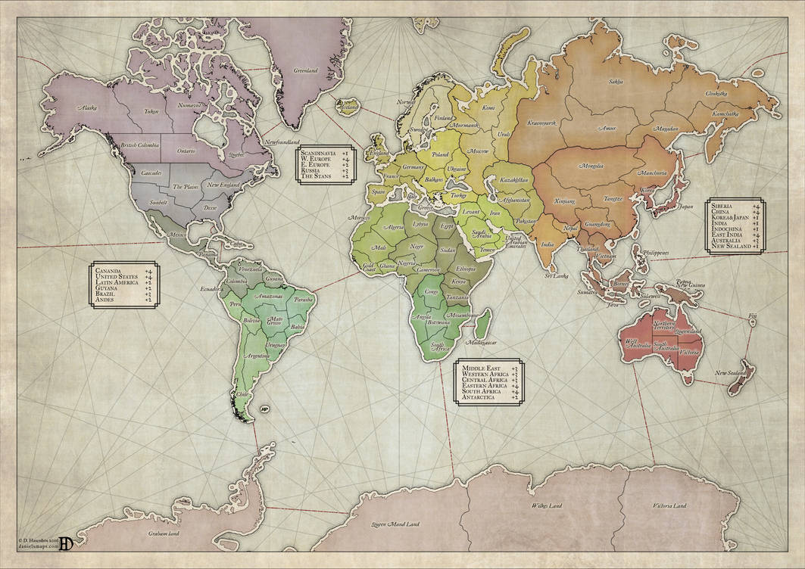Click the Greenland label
(305, 70)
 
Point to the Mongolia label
(591, 166)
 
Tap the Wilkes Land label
(546, 505)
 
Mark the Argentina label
(258, 355)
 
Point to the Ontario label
(185, 151)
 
